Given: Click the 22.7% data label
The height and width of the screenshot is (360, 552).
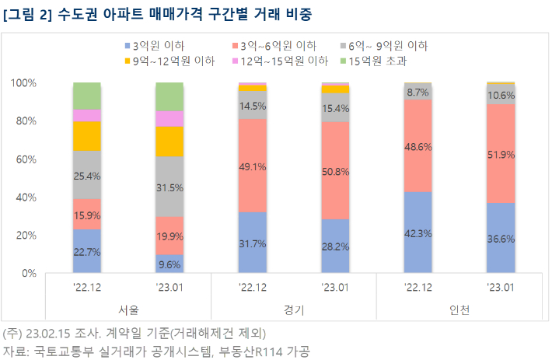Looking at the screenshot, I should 87,251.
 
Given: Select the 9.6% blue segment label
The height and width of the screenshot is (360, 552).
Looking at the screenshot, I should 169,264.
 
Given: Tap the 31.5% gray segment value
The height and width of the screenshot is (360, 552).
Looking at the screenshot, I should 169,187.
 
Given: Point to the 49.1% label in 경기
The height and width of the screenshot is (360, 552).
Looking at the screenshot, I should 253,166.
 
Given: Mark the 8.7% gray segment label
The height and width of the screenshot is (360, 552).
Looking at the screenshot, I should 418,91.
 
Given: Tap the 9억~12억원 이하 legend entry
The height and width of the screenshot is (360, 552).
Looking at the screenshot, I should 169,60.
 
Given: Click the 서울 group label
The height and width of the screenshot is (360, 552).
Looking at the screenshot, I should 128,310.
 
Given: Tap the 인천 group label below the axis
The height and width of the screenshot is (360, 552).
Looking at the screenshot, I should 459,310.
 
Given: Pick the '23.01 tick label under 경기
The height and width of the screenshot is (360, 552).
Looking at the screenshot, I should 335,288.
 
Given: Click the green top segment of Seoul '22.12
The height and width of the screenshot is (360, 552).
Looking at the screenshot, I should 87,96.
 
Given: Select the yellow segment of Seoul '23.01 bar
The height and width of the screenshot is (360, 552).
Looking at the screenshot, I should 169,142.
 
